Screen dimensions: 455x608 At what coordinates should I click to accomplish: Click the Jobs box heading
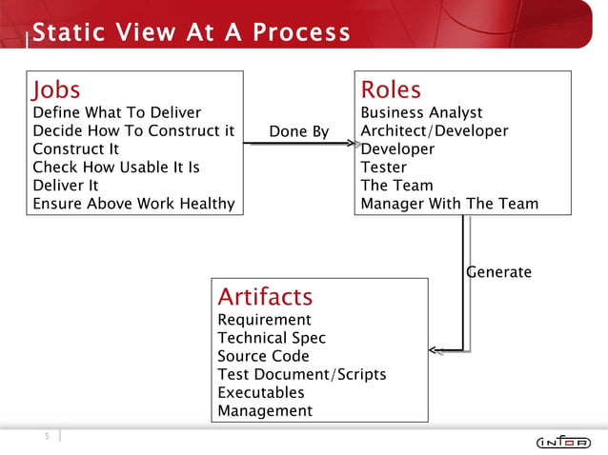click(x=56, y=90)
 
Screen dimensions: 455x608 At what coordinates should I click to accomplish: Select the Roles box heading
click(x=391, y=90)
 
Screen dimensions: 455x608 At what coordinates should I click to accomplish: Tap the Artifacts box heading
click(x=265, y=296)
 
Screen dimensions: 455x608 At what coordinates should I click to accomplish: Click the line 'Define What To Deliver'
click(x=116, y=113)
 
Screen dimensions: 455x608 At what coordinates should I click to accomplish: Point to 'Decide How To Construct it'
click(x=133, y=131)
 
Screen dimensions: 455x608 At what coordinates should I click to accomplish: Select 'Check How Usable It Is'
click(x=116, y=168)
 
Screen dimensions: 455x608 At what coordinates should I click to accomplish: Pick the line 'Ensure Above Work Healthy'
click(x=133, y=204)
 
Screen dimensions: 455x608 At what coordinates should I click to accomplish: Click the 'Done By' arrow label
click(x=299, y=131)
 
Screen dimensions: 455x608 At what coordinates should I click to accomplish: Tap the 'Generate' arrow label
click(x=498, y=272)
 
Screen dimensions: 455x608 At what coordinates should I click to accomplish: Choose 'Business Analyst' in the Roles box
click(x=421, y=113)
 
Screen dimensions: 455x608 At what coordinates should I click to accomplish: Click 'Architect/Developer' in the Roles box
click(x=435, y=131)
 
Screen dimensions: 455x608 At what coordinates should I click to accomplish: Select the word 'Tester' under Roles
click(x=384, y=168)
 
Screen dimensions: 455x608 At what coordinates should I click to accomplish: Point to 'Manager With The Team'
click(x=449, y=204)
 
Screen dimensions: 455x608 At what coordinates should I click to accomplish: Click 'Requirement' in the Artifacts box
click(x=264, y=320)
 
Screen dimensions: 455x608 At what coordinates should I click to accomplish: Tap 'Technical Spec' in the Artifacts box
click(x=272, y=338)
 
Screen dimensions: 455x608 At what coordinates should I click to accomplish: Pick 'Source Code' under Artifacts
click(x=263, y=356)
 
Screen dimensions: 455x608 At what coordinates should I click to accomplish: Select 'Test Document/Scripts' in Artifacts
click(x=302, y=374)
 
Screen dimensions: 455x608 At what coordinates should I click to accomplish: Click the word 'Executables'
click(x=261, y=392)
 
